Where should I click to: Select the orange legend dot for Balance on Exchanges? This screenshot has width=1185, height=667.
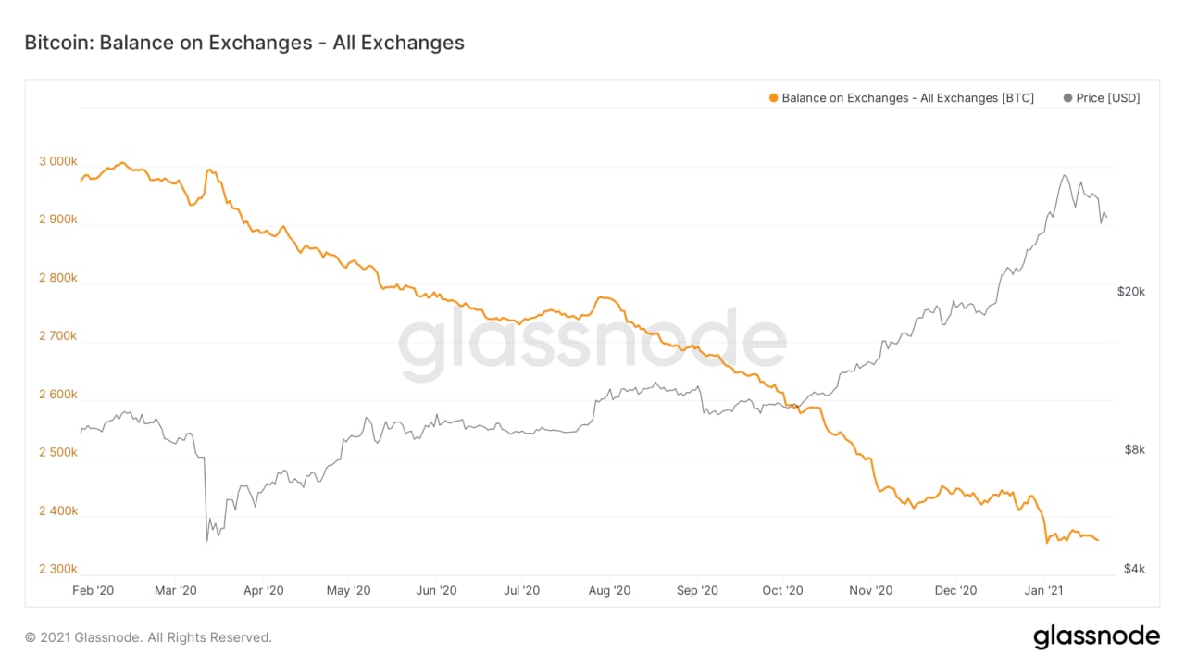(x=774, y=98)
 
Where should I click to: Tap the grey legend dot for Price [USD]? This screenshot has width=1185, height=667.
(x=1068, y=98)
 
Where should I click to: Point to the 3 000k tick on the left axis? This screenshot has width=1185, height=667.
(x=57, y=162)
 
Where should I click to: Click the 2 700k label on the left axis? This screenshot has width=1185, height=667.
(x=57, y=336)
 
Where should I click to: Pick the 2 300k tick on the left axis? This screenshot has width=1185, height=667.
(x=57, y=569)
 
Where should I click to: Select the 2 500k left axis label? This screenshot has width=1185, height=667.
(x=57, y=453)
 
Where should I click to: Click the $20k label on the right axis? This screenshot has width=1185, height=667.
(x=1131, y=291)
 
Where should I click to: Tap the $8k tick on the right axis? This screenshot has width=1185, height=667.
(x=1135, y=450)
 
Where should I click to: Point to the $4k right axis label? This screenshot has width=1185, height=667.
(x=1135, y=569)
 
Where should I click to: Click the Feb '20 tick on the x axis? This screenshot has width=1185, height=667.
(x=93, y=590)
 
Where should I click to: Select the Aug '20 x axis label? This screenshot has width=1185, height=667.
(x=609, y=590)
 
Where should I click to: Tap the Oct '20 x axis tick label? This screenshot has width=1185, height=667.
(x=783, y=590)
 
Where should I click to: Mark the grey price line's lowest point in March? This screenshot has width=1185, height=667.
(x=206, y=540)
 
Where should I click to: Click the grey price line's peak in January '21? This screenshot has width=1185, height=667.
(x=1065, y=175)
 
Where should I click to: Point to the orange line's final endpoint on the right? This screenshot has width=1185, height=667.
(x=1098, y=540)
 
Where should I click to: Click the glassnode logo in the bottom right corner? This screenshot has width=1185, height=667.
(x=1096, y=636)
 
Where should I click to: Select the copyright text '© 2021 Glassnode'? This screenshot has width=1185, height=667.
(x=148, y=637)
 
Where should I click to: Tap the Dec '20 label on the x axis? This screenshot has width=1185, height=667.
(x=955, y=590)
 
